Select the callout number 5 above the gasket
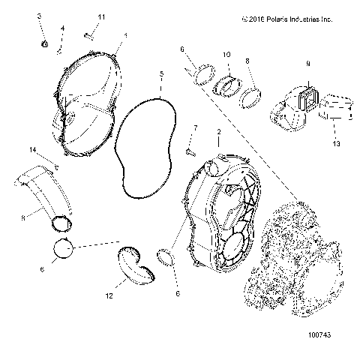tap(161, 74)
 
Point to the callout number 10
tap(227, 55)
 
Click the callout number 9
tap(307, 65)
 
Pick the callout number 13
tap(336, 143)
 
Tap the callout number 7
tap(195, 128)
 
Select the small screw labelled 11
tap(88, 33)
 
